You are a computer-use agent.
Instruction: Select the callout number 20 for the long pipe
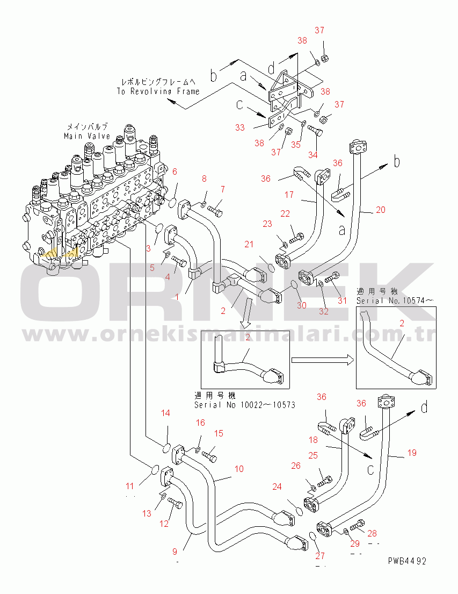381,210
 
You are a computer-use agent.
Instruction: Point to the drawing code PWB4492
408,561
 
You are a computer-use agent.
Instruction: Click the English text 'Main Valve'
87,136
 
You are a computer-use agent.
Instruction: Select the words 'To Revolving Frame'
158,91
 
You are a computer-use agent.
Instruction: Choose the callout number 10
239,469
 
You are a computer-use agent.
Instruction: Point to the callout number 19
412,453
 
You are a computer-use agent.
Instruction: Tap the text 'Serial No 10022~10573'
244,404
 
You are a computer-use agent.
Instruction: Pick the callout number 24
277,488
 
